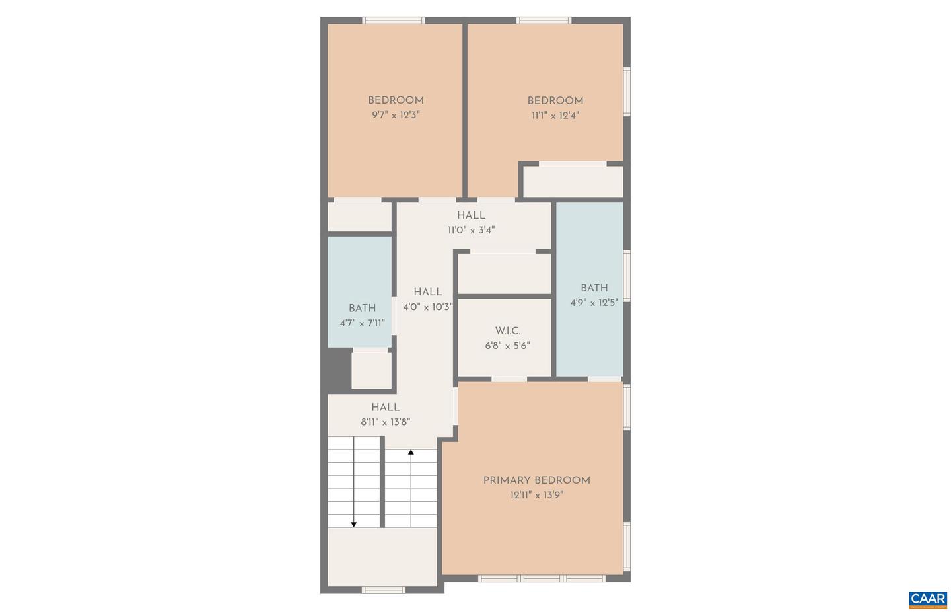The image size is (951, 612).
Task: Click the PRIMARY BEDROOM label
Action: [536, 480]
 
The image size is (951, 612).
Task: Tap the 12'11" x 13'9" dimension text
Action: [536, 495]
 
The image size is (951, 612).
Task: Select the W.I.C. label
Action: [507, 331]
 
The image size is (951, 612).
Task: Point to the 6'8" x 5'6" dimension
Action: [507, 346]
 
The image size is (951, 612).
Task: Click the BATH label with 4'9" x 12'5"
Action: [594, 288]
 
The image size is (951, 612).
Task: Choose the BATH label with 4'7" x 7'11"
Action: [362, 308]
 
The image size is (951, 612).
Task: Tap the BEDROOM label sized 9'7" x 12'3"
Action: [396, 100]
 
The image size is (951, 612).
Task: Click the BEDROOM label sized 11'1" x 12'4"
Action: [555, 101]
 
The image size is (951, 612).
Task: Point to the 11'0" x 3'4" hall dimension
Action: [471, 230]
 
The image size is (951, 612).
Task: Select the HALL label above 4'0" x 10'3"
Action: [428, 292]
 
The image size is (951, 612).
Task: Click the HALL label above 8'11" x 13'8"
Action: [385, 408]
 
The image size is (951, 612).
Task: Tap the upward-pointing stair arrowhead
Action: [411, 453]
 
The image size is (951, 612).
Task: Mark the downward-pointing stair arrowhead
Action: [354, 524]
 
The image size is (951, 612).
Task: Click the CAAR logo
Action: [928, 599]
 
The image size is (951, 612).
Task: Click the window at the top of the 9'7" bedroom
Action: [394, 20]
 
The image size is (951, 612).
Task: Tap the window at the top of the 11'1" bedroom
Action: [544, 20]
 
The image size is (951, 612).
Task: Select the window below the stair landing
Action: [384, 590]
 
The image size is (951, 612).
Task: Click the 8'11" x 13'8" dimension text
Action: [385, 422]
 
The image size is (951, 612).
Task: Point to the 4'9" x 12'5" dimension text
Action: [594, 303]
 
